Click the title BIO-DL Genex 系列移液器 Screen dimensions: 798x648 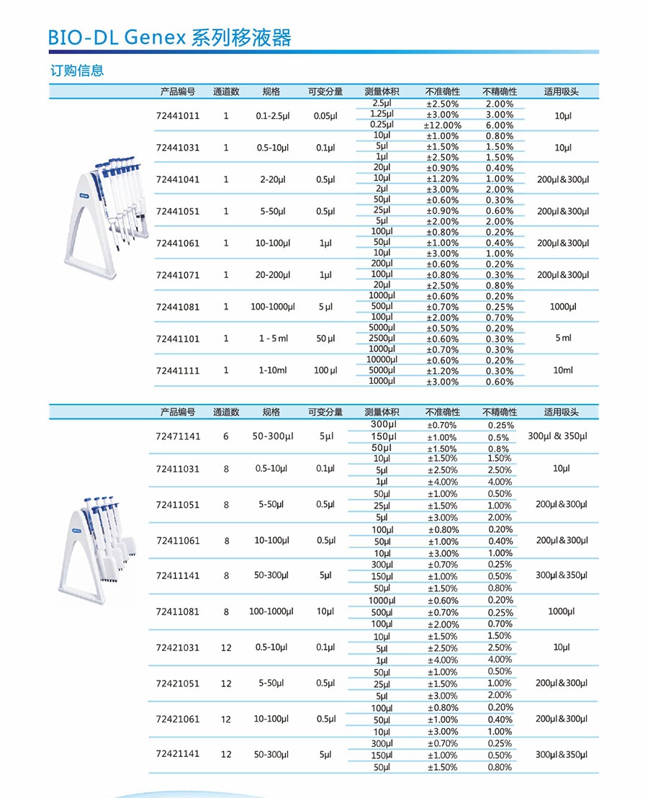(170, 37)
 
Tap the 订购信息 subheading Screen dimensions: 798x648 (77, 71)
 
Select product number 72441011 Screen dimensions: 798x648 (178, 115)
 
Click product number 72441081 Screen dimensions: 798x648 (178, 307)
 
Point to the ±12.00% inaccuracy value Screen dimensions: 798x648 (442, 125)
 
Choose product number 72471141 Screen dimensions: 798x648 (178, 437)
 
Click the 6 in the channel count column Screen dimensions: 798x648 (226, 437)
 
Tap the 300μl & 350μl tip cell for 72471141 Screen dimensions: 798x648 (557, 436)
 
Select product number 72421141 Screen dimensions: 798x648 (178, 754)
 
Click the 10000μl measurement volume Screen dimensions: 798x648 (382, 359)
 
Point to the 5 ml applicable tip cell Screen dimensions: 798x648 (563, 339)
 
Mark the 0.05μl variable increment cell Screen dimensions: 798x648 (325, 115)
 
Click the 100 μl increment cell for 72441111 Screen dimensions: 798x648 (325, 371)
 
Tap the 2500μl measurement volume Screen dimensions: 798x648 (382, 339)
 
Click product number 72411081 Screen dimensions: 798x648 (178, 612)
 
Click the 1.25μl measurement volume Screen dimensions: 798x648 (382, 115)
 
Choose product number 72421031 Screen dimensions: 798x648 (178, 648)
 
